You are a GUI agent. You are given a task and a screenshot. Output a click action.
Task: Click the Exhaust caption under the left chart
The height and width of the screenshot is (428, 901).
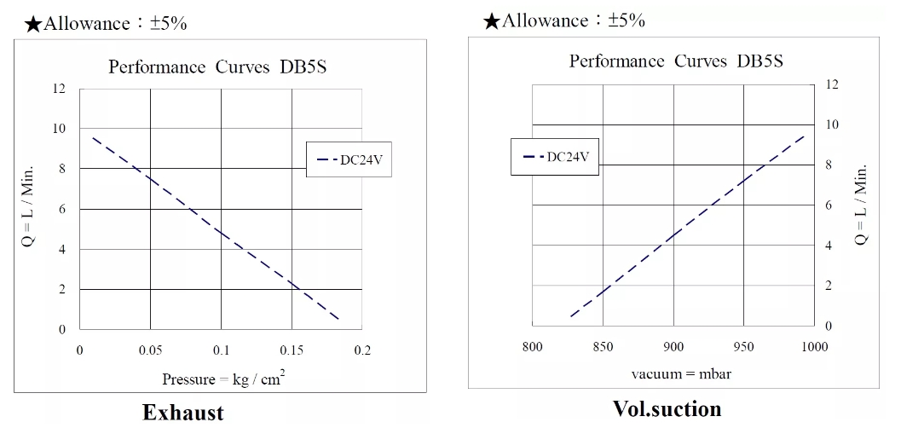coord(182,414)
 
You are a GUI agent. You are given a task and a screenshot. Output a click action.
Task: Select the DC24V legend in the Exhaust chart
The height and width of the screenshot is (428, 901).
coord(349,159)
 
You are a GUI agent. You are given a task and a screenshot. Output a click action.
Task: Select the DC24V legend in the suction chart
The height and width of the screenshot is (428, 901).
coord(555,157)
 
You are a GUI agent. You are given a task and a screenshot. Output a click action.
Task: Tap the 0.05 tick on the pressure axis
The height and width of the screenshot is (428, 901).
coord(151,350)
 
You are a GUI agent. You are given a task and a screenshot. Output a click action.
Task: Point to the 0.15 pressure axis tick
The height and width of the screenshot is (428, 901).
coord(292,350)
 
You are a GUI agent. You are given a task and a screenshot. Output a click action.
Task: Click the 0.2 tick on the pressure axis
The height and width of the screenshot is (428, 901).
coord(362,350)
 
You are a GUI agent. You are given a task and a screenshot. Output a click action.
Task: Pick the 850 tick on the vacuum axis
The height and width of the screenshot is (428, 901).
coord(602,347)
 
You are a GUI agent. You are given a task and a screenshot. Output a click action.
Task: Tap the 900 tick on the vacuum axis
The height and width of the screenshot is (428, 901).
coord(673,347)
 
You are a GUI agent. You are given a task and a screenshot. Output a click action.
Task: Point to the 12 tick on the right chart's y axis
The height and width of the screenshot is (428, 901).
coord(833,84)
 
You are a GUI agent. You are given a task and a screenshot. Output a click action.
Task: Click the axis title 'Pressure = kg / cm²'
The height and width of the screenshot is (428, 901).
coord(223,379)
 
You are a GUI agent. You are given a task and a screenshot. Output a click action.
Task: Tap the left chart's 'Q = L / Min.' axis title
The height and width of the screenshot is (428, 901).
coord(27,209)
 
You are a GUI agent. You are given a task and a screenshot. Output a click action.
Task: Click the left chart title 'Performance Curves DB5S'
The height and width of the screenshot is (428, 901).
coord(217,68)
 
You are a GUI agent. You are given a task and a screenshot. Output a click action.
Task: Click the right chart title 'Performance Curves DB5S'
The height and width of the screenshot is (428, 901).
coord(676,61)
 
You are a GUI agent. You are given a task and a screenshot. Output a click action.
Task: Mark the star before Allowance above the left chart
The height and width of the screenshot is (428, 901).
coord(33,24)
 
